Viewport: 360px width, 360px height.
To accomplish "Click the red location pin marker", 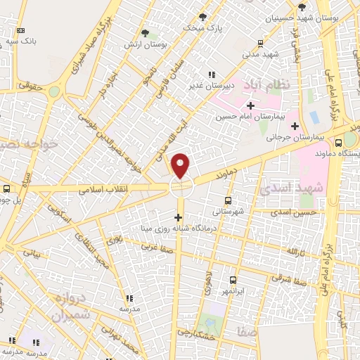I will (181, 165).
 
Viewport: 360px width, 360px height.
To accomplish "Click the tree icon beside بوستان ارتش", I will (146, 33).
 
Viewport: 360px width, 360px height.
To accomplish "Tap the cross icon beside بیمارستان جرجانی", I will (295, 126).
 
